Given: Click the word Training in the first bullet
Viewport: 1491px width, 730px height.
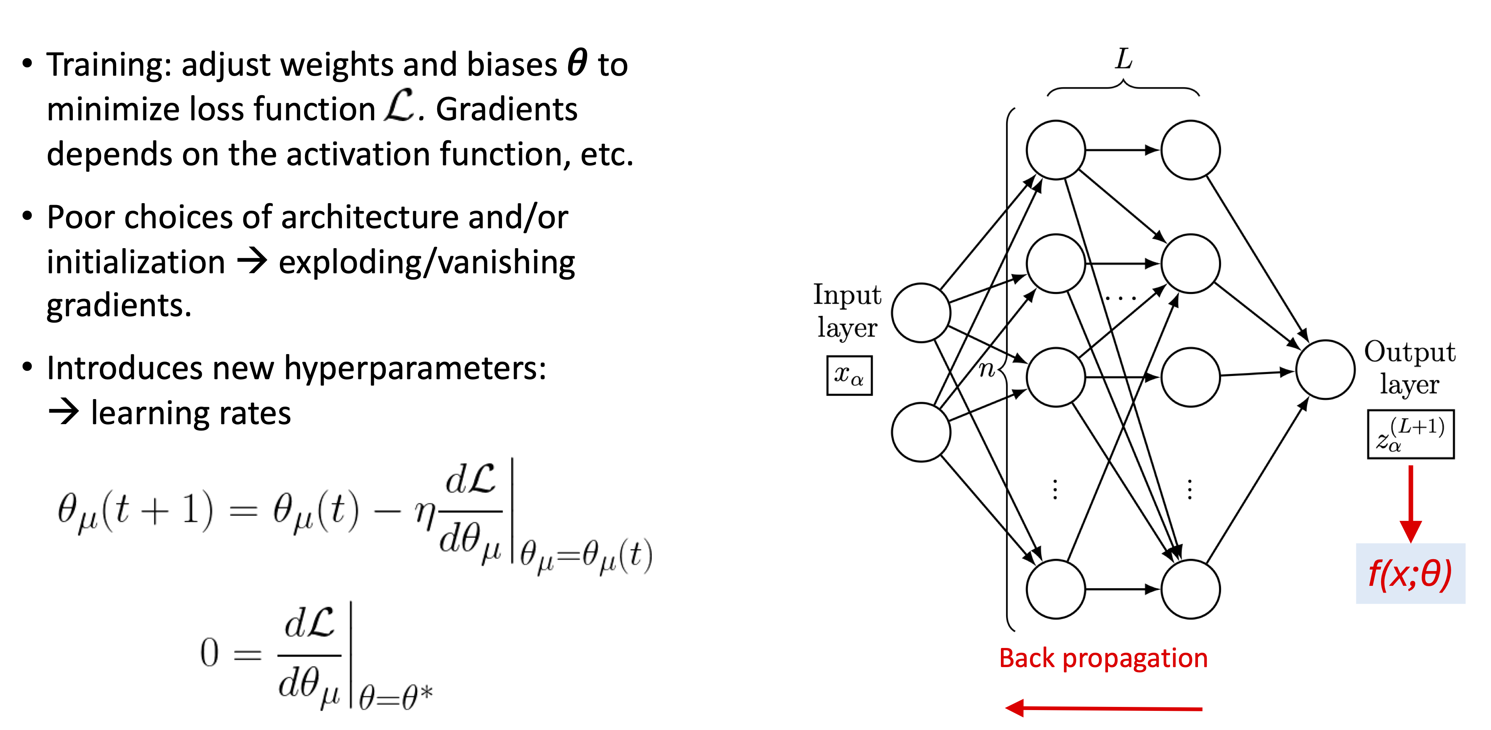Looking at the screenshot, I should tap(104, 65).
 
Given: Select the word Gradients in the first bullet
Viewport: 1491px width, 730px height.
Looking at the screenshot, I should tap(506, 110).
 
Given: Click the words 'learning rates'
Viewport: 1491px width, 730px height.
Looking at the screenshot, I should tap(191, 413).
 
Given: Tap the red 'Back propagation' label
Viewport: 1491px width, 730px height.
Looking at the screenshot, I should tap(1103, 658).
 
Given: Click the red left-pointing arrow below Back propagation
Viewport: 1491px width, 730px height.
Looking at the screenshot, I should tap(1103, 707).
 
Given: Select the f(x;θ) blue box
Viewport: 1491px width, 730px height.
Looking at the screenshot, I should tap(1410, 574).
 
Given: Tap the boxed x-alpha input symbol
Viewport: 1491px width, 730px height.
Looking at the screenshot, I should tap(849, 376).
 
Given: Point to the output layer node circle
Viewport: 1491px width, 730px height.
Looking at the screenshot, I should tap(1325, 369).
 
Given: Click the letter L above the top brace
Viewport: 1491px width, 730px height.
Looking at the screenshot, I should tap(1124, 59).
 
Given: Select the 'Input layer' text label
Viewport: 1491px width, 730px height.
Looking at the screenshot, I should tap(847, 311).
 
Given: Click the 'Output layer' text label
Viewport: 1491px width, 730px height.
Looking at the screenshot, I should tap(1409, 368).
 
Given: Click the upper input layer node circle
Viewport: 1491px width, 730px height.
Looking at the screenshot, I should tap(921, 313).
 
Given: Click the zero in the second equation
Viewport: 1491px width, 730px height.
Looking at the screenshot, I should tap(209, 653).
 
